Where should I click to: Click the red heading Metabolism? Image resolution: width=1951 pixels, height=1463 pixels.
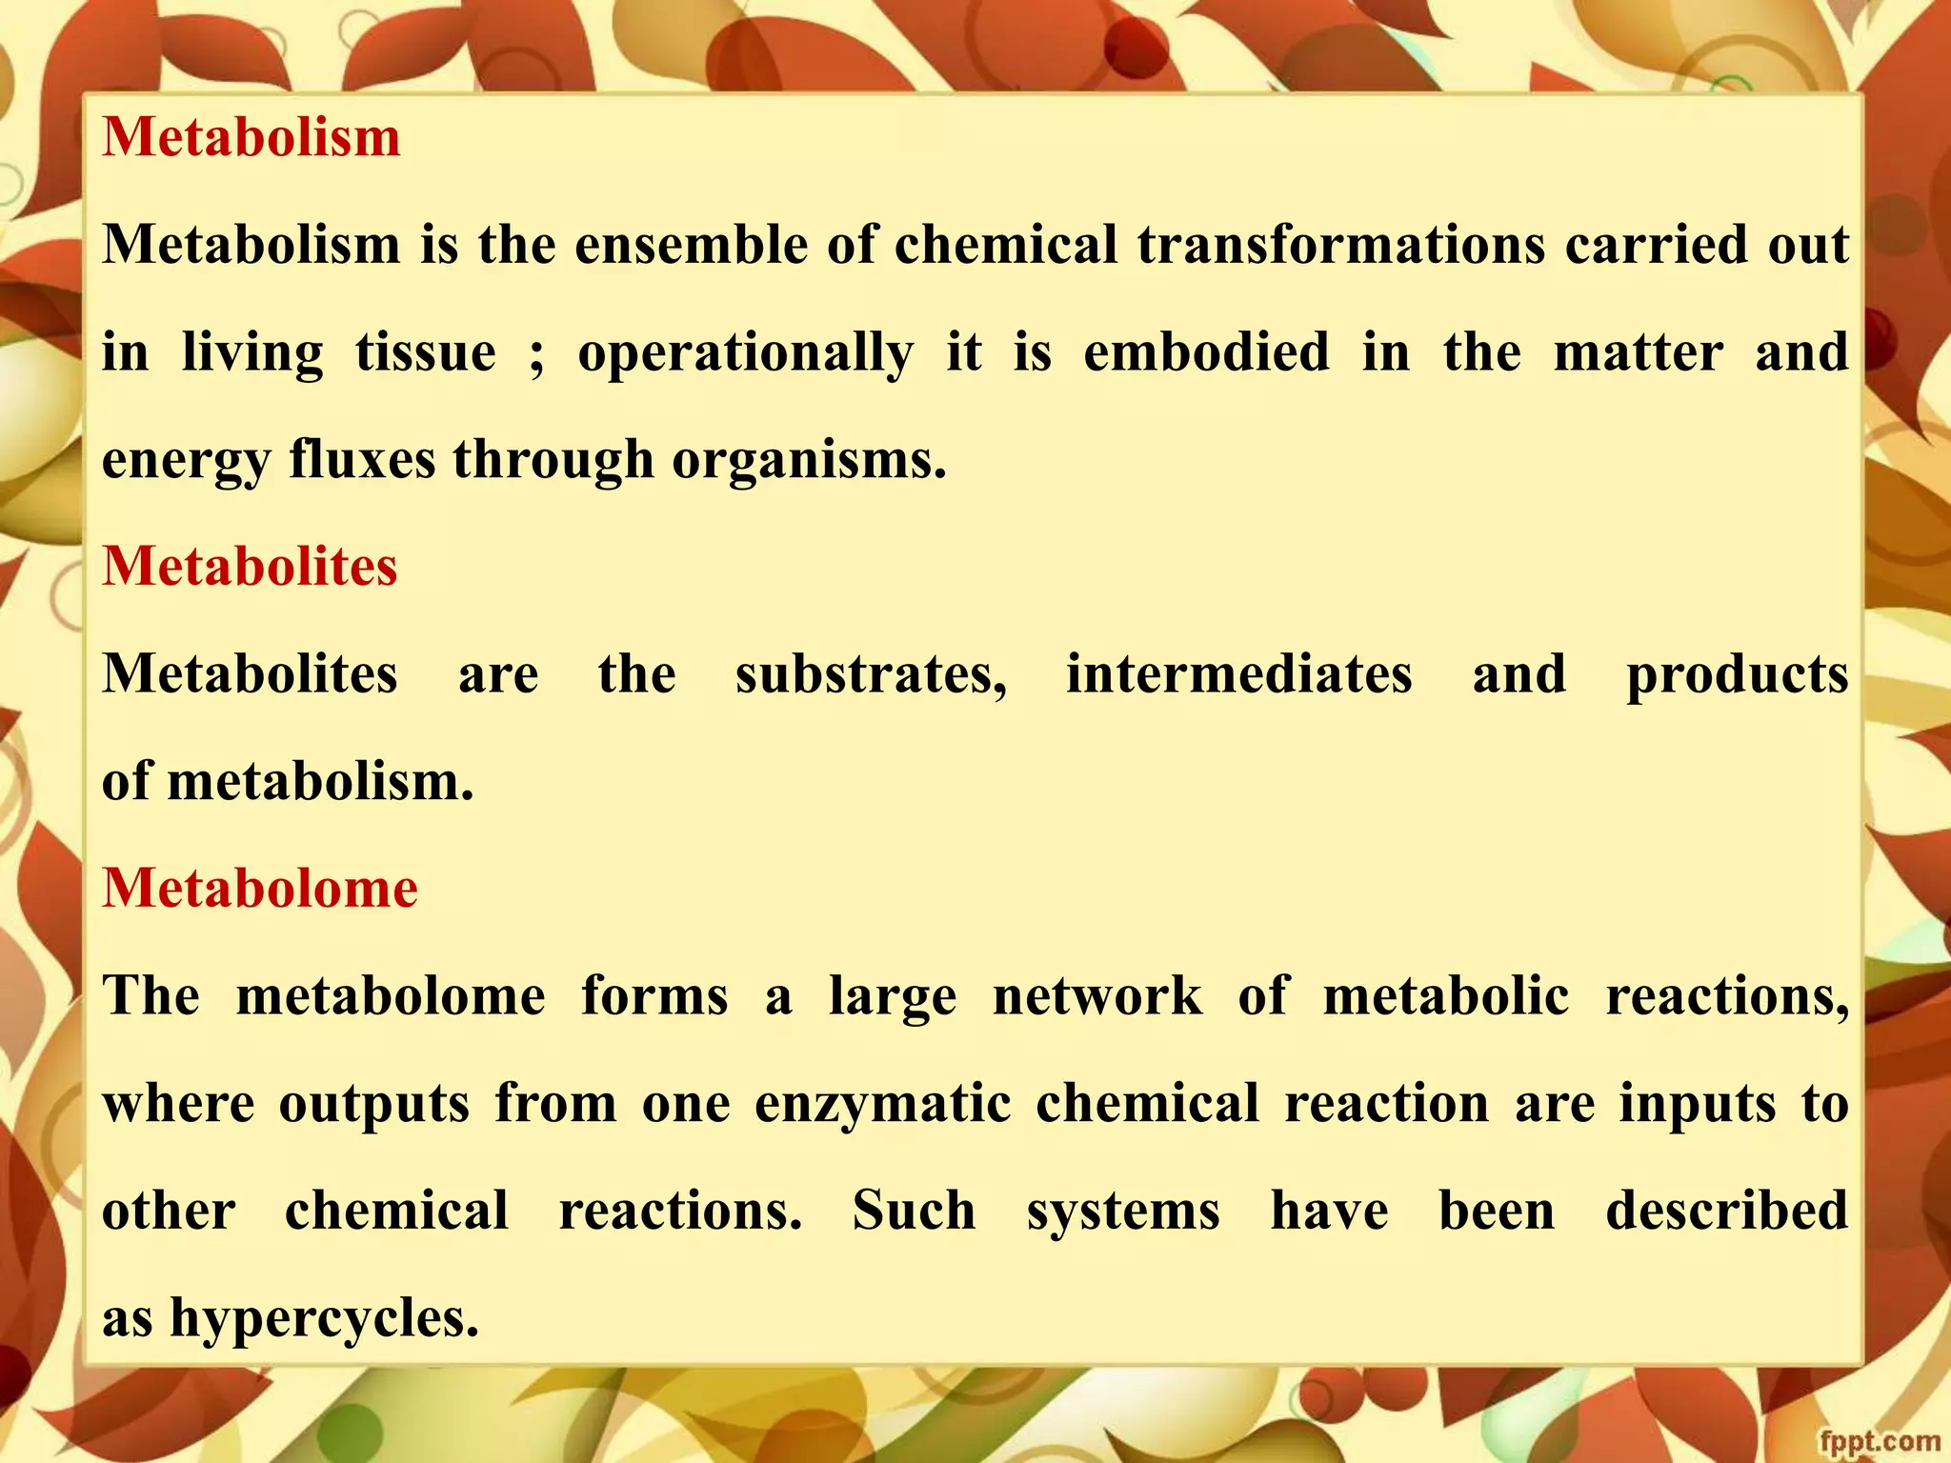(251, 137)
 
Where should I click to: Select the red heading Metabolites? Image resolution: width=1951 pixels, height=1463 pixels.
(250, 567)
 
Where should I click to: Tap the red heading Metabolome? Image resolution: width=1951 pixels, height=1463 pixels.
(260, 889)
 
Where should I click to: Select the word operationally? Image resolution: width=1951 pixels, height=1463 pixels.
(745, 354)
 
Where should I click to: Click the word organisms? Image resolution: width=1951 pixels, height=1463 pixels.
(809, 461)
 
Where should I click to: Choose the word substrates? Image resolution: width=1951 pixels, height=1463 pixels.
(871, 674)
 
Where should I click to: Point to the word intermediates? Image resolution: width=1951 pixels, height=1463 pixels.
(1238, 674)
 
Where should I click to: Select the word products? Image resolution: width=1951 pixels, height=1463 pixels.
(1737, 676)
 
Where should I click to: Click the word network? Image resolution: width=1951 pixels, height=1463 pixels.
(1097, 996)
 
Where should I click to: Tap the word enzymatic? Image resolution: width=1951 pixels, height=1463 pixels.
(883, 1105)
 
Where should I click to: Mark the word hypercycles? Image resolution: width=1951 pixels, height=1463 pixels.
(324, 1320)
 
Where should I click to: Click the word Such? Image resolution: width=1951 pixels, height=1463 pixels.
(914, 1211)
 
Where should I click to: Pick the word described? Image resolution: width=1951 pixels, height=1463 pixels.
(1726, 1211)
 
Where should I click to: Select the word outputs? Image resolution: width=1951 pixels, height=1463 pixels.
(373, 1105)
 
